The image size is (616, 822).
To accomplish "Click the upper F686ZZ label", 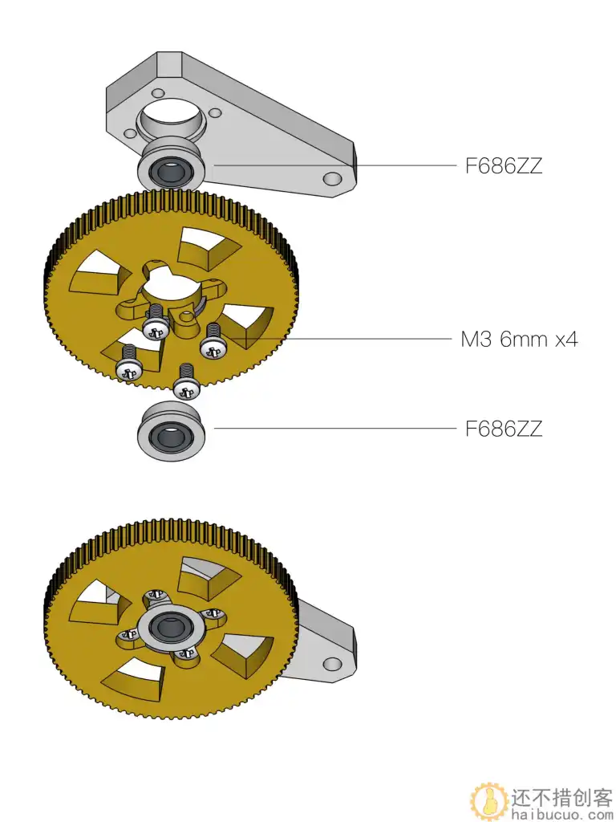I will click(x=504, y=166).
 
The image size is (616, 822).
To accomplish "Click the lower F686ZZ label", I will click(x=504, y=429).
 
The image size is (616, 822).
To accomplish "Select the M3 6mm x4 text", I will click(x=519, y=340).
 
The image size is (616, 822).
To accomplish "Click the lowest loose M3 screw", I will click(x=187, y=383).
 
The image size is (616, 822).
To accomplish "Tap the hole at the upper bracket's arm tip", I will click(x=331, y=177).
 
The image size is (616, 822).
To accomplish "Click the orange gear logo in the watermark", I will click(x=487, y=800).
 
